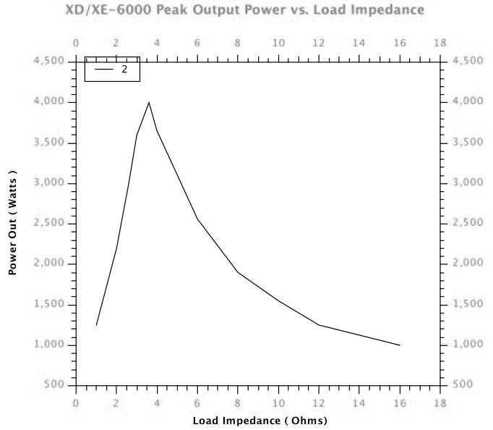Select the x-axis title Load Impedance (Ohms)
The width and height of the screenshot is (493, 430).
pyautogui.click(x=260, y=420)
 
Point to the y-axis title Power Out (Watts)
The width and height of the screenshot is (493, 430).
pyautogui.click(x=12, y=223)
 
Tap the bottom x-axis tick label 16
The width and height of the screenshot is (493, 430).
pyautogui.click(x=400, y=402)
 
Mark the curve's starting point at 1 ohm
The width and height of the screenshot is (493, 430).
pyautogui.click(x=96, y=325)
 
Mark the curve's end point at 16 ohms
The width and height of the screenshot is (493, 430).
pyautogui.click(x=400, y=345)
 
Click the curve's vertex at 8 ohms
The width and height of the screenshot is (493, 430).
pyautogui.click(x=238, y=272)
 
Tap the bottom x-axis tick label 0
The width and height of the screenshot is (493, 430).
pyautogui.click(x=76, y=402)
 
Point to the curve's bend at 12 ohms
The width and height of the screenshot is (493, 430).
pyautogui.click(x=319, y=325)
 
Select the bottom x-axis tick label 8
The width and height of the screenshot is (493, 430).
pyautogui.click(x=238, y=402)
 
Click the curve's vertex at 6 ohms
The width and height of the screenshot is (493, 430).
pyautogui.click(x=197, y=219)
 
